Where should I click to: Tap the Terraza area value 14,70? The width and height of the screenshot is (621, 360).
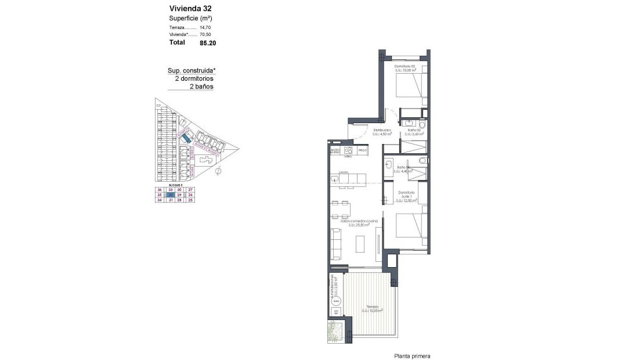205,27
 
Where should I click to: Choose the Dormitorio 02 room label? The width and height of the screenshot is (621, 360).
405,67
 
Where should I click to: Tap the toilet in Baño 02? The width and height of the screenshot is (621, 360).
421,125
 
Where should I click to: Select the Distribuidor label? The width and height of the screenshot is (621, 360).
381,130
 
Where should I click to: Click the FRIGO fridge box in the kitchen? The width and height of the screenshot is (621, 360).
363,150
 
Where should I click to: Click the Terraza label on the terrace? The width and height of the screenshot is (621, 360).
372,307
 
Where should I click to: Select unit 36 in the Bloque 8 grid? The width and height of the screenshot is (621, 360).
160,190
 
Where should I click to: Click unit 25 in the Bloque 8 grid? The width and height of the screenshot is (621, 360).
190,200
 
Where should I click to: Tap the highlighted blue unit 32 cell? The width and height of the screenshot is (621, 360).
170,195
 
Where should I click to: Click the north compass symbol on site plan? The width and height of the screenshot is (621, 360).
219,172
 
